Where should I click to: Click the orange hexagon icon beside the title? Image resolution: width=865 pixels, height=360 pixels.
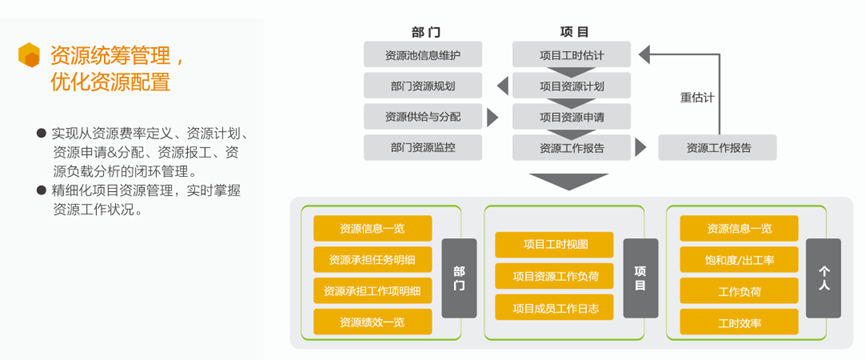point(29,55)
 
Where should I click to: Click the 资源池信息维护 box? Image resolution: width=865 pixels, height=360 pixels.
point(423,55)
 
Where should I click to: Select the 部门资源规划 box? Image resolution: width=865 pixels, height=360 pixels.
point(423,86)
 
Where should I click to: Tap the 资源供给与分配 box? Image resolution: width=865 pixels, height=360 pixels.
point(423,117)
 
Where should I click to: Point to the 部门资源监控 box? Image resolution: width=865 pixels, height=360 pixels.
point(423,148)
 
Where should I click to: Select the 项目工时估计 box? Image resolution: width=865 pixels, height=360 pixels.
point(572,55)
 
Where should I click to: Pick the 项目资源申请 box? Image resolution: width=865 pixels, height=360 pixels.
point(572,117)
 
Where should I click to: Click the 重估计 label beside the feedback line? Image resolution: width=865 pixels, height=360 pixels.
point(697,98)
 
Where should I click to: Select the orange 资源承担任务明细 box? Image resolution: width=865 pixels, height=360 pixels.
point(372,260)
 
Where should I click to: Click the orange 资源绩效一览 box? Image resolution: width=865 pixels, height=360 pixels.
point(372,322)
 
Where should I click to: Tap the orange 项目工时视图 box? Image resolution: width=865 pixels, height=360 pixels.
point(554,245)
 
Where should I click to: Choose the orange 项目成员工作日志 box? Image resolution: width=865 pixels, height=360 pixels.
point(554,307)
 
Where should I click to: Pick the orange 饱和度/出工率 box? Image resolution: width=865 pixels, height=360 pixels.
point(739,260)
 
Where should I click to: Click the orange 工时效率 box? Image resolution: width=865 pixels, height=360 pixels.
point(739,322)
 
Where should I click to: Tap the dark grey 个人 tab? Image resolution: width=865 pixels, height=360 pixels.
point(824,278)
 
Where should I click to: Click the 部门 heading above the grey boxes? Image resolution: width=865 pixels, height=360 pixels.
point(426,32)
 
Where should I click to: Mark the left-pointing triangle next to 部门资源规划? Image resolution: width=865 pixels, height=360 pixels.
point(503,86)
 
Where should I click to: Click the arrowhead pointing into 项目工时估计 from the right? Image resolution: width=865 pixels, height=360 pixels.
point(645,54)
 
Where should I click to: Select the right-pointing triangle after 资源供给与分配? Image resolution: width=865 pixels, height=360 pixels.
point(493,117)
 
